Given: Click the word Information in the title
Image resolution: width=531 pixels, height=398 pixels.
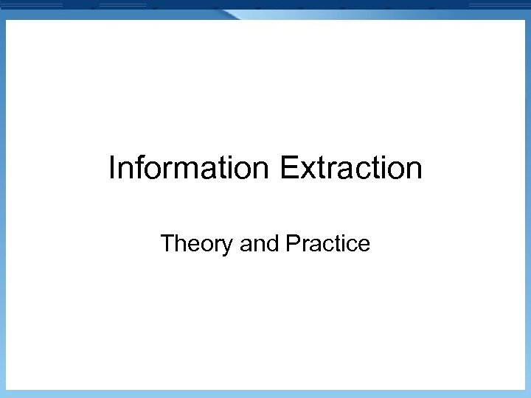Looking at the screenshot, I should tap(190, 168).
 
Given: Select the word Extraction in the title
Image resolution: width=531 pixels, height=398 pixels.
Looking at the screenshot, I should tap(351, 168).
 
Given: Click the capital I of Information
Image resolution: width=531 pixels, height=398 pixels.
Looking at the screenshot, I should tap(112, 168).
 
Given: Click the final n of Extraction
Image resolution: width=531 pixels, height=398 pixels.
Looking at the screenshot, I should tap(414, 169).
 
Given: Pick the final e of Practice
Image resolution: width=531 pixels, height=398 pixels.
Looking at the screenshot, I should tap(364, 244).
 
